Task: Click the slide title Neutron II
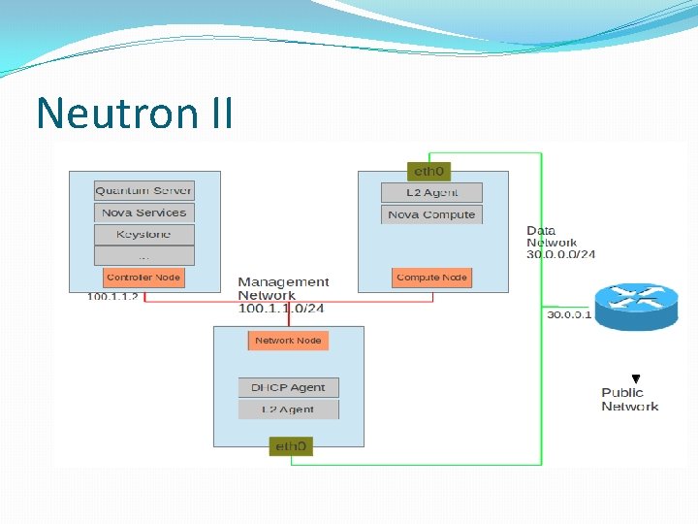(x=135, y=114)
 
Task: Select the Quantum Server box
(x=143, y=191)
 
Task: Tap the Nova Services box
(x=143, y=213)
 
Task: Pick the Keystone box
(x=143, y=234)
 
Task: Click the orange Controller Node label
(x=143, y=278)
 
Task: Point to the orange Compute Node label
(x=431, y=278)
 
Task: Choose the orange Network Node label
(x=288, y=341)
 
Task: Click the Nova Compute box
(x=431, y=214)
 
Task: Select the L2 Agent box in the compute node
(x=431, y=192)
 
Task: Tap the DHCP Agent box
(x=289, y=387)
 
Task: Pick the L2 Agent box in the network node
(x=289, y=409)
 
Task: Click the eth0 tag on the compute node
(x=428, y=172)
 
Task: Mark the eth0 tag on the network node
(x=291, y=446)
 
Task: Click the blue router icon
(x=635, y=306)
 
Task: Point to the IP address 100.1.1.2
(x=113, y=297)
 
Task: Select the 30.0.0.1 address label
(x=569, y=314)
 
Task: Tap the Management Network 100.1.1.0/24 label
(x=283, y=295)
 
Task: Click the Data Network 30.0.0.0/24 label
(x=560, y=243)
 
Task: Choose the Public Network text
(x=629, y=400)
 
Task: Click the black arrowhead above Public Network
(x=636, y=378)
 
